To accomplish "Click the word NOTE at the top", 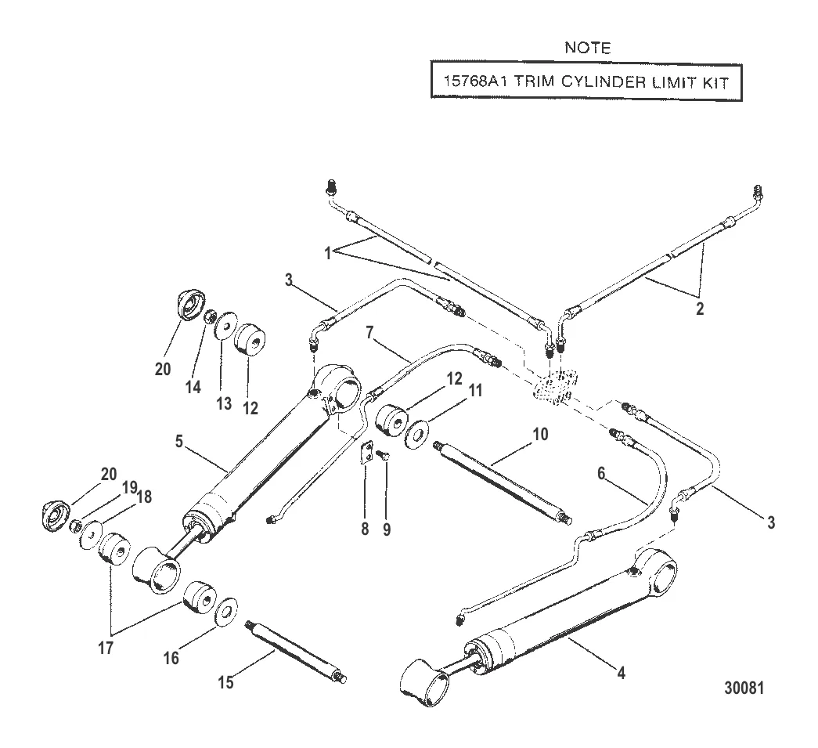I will point(587,49).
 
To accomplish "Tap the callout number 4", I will point(621,671).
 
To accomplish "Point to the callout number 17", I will point(106,648).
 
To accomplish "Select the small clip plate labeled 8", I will point(365,455).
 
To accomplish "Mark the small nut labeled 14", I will point(210,318).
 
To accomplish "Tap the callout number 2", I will point(699,309).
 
